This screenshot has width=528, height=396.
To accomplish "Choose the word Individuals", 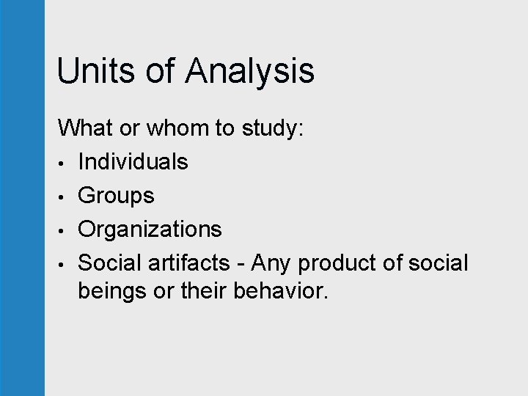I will point(133,161).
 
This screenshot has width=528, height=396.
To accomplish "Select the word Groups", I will point(116,196).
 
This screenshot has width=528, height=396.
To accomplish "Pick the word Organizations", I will point(150,230).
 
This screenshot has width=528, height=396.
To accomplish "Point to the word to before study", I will point(224,128).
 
